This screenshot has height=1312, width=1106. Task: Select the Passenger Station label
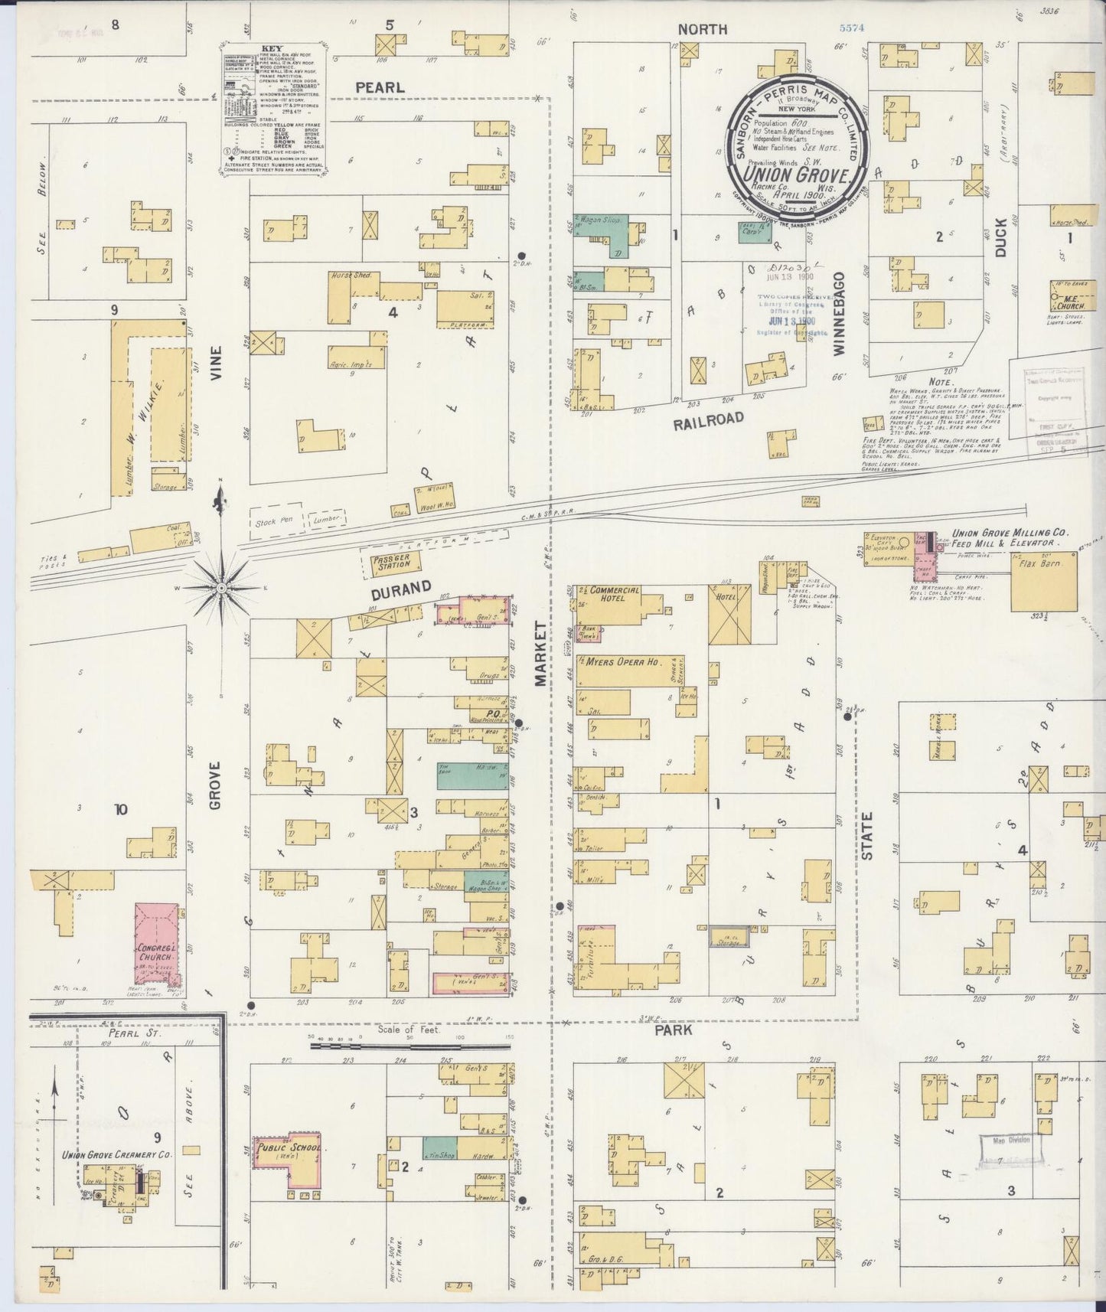pyautogui.click(x=393, y=563)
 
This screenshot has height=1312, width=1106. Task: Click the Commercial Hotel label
pyautogui.click(x=613, y=595)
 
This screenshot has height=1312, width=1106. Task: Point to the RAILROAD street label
pyautogui.click(x=709, y=417)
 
